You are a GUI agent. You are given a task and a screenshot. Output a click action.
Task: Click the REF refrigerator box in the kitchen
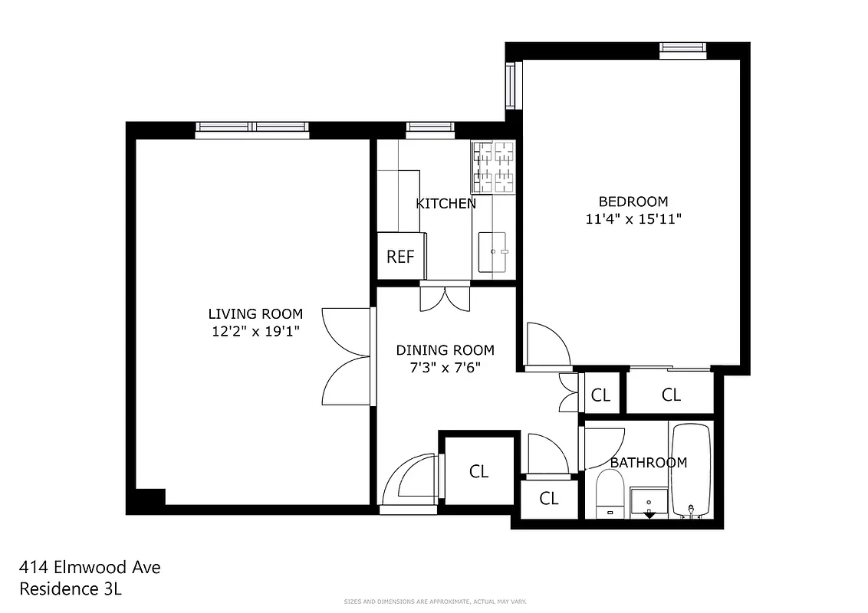400,257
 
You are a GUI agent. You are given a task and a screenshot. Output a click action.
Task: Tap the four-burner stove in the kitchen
493,167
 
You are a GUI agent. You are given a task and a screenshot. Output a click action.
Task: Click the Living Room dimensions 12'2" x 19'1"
255,331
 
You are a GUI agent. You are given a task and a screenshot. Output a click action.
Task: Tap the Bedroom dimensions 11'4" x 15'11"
633,218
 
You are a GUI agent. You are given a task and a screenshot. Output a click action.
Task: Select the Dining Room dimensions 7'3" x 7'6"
445,367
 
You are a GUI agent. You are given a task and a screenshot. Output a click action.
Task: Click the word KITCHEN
446,204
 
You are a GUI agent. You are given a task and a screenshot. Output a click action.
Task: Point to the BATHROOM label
648,463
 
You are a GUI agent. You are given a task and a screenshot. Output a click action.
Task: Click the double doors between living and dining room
347,357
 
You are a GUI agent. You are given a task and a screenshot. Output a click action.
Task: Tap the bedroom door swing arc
548,345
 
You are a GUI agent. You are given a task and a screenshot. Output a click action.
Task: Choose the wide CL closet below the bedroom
671,395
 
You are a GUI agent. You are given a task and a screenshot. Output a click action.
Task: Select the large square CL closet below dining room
478,471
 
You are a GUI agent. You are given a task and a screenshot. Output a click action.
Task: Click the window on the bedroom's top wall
682,51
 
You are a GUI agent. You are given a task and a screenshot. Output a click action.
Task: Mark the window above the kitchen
429,128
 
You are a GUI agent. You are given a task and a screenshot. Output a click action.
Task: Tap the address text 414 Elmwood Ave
90,568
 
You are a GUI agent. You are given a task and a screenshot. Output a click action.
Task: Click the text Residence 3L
71,589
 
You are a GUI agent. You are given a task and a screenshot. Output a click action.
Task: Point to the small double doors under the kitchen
445,297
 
